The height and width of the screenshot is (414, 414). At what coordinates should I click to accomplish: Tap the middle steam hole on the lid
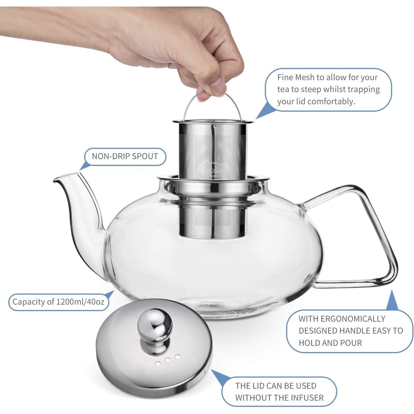[x=168, y=360]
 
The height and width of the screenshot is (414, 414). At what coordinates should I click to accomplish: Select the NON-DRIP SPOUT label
[x=125, y=156]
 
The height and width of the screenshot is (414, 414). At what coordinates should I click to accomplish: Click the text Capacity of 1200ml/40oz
[x=58, y=302]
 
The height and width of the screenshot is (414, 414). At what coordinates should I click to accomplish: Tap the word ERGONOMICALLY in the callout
[x=342, y=319]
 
